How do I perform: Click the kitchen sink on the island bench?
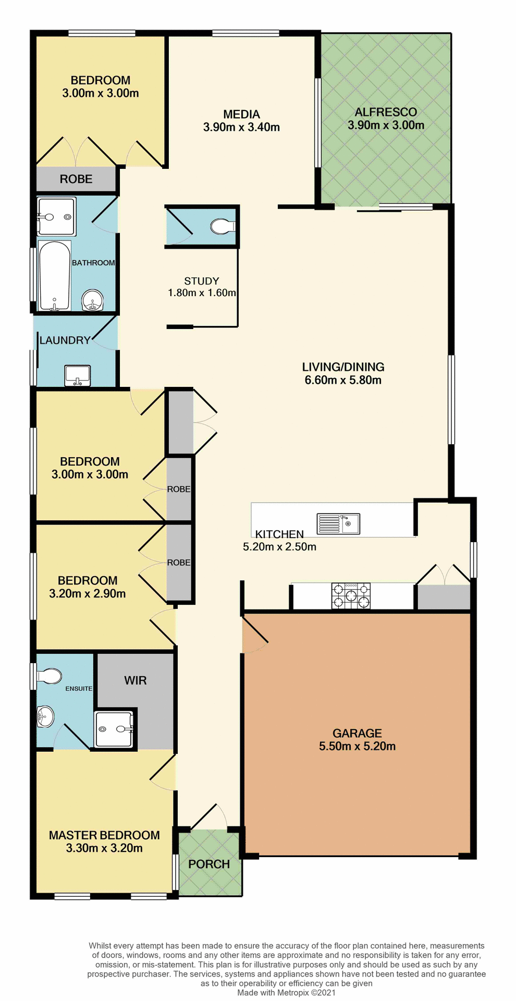point(338,523)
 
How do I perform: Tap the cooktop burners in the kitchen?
point(351,595)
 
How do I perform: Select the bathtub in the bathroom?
point(54,276)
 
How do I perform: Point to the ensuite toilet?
point(48,676)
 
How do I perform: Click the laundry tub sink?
point(77,375)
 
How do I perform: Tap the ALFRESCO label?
point(386,112)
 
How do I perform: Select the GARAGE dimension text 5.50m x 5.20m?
point(357,746)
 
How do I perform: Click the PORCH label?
point(209,864)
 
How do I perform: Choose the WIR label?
point(136,680)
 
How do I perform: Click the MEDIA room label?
point(241,114)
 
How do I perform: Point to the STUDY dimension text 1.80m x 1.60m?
point(202,293)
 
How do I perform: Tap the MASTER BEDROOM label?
point(104,835)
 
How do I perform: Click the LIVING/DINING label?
point(343,367)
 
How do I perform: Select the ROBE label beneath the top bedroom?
point(76,179)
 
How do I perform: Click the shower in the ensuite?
point(114,729)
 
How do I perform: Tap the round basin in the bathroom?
point(93,301)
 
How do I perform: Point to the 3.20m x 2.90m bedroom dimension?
point(88,593)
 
